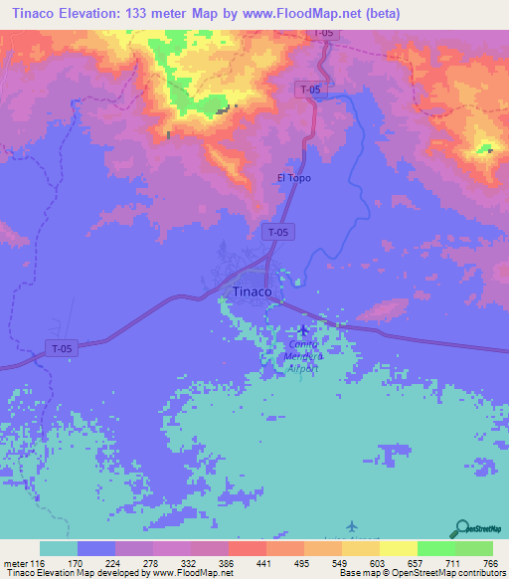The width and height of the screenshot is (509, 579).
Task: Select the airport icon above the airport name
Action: pyautogui.click(x=303, y=330)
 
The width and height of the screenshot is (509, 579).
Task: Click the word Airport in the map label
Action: pyautogui.click(x=304, y=368)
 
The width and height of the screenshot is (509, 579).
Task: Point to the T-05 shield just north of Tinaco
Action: pyautogui.click(x=278, y=232)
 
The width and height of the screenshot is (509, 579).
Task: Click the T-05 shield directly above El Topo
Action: pyautogui.click(x=309, y=90)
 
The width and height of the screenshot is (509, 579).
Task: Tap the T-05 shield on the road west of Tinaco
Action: pyautogui.click(x=62, y=348)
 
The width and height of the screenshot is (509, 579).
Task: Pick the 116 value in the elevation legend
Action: pyautogui.click(x=39, y=562)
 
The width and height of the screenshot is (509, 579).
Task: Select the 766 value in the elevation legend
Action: pyautogui.click(x=491, y=562)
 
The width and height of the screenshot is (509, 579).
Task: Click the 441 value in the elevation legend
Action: pyautogui.click(x=264, y=562)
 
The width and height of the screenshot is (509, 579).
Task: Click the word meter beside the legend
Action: pyautogui.click(x=15, y=562)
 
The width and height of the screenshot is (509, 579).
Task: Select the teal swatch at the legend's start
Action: pyautogui.click(x=58, y=548)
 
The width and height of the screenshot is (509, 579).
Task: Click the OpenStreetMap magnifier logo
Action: pyautogui.click(x=461, y=530)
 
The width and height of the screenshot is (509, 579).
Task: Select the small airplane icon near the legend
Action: pyautogui.click(x=351, y=524)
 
